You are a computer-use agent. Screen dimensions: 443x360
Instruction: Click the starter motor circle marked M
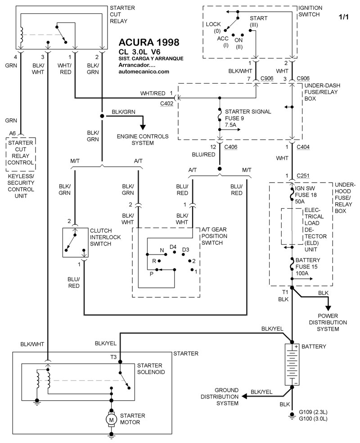[x=111, y=419]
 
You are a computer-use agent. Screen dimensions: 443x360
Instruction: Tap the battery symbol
[x=292, y=365]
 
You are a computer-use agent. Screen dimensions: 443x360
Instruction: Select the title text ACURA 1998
[x=148, y=43]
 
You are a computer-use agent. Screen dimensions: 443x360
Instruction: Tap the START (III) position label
[x=259, y=21]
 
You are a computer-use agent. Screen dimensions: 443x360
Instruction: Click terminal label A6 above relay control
[x=12, y=133]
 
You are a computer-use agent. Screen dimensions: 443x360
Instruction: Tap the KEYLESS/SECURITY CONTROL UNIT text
[x=21, y=189]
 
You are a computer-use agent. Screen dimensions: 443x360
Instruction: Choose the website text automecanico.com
[x=144, y=71]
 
